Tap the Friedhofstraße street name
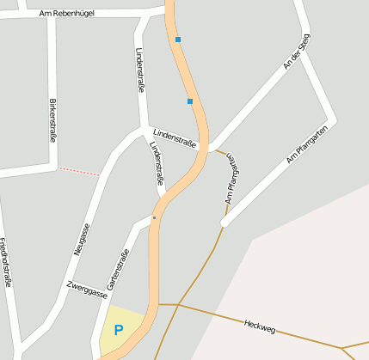click(x=6, y=262)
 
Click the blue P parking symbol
click(x=119, y=330)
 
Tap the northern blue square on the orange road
click(x=178, y=40)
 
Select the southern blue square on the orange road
click(x=190, y=101)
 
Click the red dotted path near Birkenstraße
click(x=78, y=172)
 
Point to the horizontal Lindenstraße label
click(x=175, y=138)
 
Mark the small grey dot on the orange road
click(x=154, y=218)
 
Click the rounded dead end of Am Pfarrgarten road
click(x=225, y=222)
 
